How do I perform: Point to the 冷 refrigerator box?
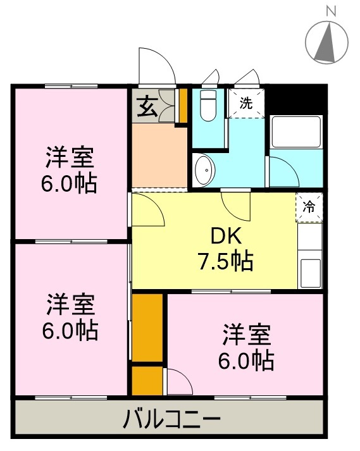[309, 206]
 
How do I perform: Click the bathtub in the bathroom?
[295, 132]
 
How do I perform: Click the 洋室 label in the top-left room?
[70, 156]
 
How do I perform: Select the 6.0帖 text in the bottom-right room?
[247, 359]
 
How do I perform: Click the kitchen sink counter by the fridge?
[310, 256]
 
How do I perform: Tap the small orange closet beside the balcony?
[147, 380]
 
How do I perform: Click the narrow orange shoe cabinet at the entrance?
[183, 106]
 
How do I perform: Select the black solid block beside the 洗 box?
[294, 101]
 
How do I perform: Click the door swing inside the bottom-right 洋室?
[178, 381]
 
